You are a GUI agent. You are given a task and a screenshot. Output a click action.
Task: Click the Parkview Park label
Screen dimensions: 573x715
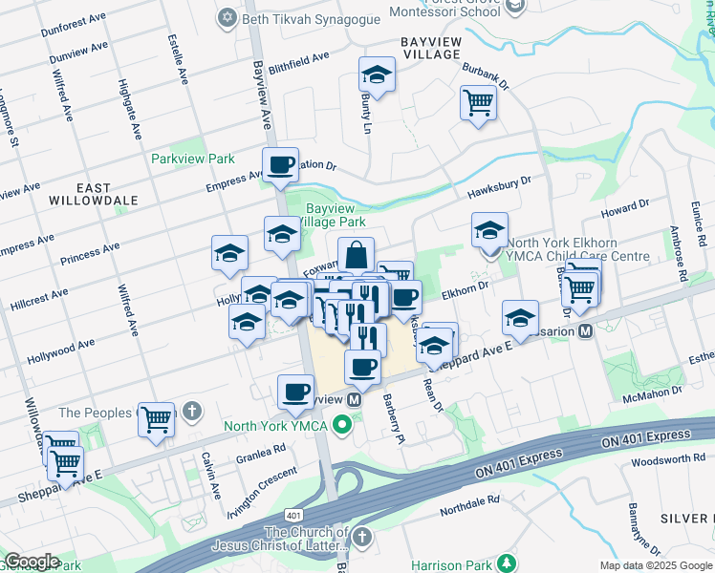point(193,158)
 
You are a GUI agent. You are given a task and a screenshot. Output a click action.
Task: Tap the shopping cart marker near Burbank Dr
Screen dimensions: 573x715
point(478,102)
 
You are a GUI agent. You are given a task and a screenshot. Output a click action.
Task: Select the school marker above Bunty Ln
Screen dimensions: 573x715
point(378,74)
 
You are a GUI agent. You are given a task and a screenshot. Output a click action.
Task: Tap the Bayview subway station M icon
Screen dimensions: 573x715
point(354,399)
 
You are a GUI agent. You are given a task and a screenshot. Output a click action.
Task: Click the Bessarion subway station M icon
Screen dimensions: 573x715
point(585,331)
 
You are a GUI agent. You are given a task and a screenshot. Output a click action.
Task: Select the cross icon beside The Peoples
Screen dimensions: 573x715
point(192,413)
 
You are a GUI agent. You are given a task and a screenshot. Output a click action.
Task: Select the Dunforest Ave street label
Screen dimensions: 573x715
point(70,27)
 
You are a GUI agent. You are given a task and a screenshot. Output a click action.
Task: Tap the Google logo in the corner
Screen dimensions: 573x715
point(31,562)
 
